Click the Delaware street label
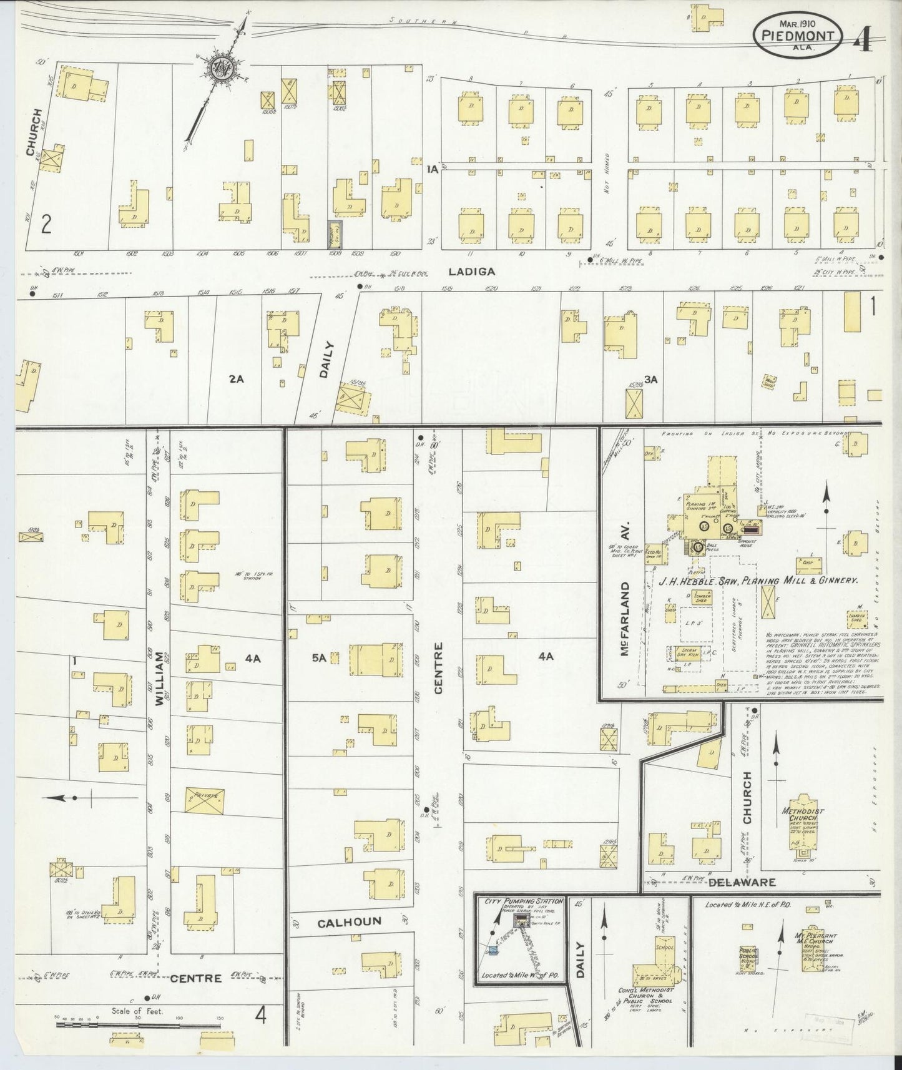(742, 882)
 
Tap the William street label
(160, 679)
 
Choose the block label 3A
(651, 378)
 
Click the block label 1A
(430, 169)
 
